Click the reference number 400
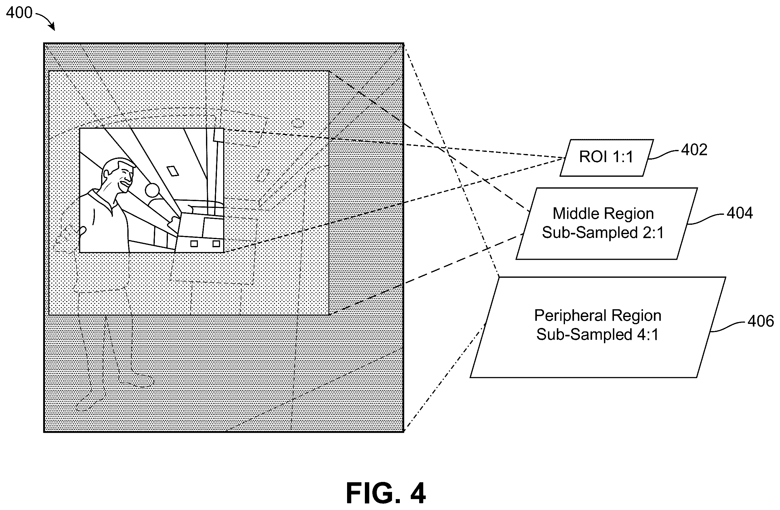pos(19,13)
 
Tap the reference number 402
pos(694,150)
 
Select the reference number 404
pos(740,213)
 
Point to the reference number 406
pos(761,321)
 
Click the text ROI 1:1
pos(606,157)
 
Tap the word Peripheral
pos(571,316)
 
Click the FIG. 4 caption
pos(386,493)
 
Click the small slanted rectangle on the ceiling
pos(173,171)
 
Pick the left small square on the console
pos(194,243)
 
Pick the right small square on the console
pos(216,243)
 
